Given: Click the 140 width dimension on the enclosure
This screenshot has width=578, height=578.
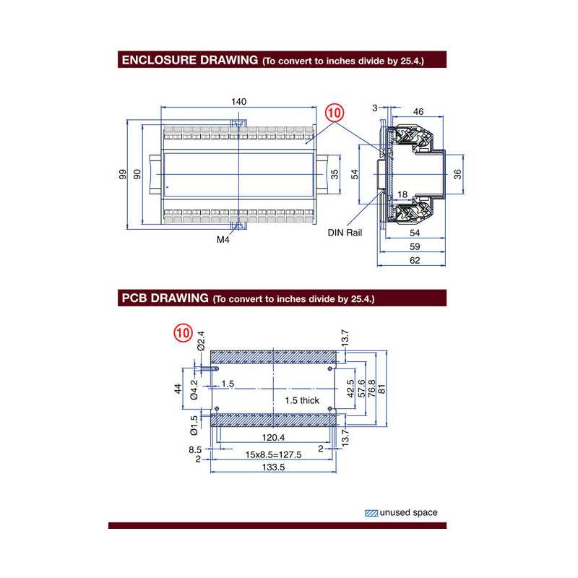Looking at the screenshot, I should point(238,102).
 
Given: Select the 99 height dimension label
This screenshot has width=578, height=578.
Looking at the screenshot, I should point(124,174).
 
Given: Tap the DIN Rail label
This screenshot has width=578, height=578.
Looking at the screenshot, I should point(344,233).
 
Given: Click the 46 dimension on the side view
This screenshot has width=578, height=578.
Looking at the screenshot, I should point(418,112).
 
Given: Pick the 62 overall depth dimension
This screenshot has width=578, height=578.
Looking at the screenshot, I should point(414,261).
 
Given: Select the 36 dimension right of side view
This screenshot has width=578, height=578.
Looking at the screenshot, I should point(457,173).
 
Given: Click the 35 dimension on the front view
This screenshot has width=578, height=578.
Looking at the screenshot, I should point(334,173).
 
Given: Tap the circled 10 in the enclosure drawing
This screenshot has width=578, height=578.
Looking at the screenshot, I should point(335,113).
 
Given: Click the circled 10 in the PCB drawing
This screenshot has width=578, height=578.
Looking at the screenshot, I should point(182,334).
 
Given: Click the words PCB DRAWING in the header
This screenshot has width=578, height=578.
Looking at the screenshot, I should point(165,298).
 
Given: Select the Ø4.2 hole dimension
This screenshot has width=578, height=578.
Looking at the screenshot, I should point(194,388).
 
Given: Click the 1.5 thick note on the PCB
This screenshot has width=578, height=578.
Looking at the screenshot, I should point(301,400).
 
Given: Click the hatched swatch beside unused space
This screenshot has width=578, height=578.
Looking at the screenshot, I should point(371,512).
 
